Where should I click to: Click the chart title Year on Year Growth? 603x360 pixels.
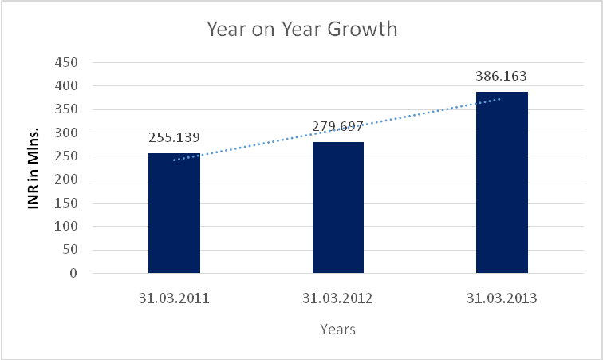click(x=301, y=30)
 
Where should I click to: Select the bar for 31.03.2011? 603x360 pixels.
click(x=174, y=213)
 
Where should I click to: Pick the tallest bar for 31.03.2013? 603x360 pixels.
click(x=502, y=183)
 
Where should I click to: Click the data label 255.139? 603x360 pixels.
click(x=174, y=137)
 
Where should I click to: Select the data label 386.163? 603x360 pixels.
click(x=502, y=77)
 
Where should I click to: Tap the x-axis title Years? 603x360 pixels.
click(x=337, y=328)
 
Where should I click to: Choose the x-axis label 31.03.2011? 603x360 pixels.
click(x=174, y=299)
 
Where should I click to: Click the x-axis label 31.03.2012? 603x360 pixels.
click(x=337, y=299)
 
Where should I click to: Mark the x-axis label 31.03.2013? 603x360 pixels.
click(x=502, y=299)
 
